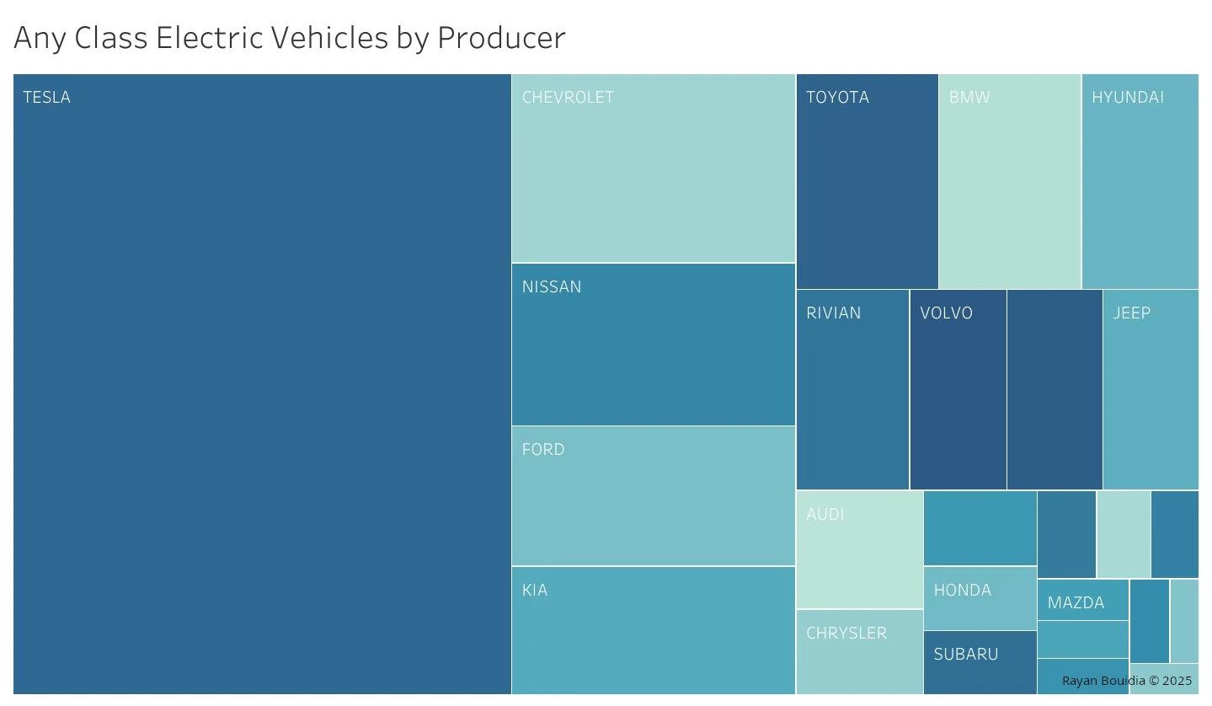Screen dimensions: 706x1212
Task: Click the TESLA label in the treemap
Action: point(47,98)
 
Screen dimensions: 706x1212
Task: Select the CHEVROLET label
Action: point(568,98)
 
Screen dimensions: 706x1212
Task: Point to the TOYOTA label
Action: point(837,98)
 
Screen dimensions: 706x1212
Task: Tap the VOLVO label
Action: point(946,313)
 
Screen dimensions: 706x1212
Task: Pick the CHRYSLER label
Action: point(846,634)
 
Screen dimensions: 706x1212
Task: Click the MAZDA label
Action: point(1076,603)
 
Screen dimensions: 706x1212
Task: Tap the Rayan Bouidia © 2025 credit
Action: point(1127,681)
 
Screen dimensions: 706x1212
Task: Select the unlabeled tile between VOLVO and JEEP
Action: point(1054,389)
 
